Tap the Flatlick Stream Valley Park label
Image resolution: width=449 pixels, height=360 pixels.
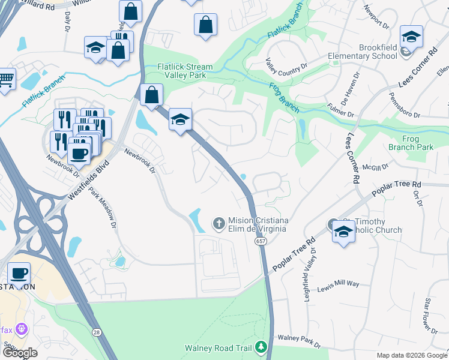click(x=182, y=71)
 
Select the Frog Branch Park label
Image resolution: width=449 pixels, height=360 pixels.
click(x=418, y=143)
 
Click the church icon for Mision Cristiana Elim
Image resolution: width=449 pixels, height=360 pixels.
click(x=219, y=224)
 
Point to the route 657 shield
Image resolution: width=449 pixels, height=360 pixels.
click(x=260, y=241)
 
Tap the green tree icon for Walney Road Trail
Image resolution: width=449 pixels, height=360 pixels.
click(x=261, y=347)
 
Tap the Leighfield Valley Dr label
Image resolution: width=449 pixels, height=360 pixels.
click(x=309, y=276)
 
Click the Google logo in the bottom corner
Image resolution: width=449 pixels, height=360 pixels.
click(x=20, y=353)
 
